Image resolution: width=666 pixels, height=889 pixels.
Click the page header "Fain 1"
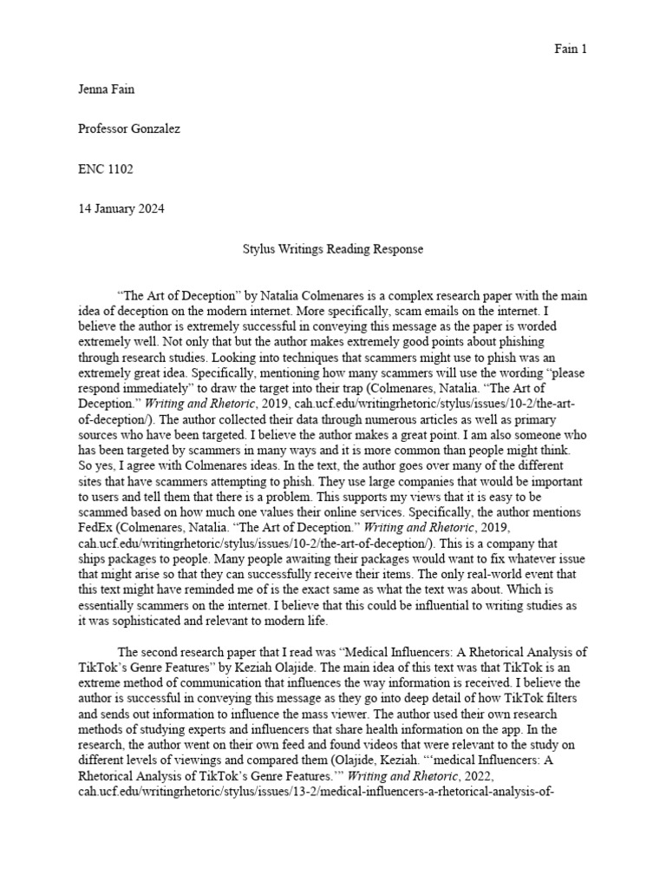click(x=571, y=49)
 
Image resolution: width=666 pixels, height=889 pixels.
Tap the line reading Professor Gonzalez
click(x=129, y=128)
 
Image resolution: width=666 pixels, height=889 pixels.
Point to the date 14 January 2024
click(x=121, y=209)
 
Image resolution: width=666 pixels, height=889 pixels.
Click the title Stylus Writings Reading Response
click(x=332, y=249)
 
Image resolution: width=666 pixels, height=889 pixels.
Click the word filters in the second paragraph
click(x=565, y=675)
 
